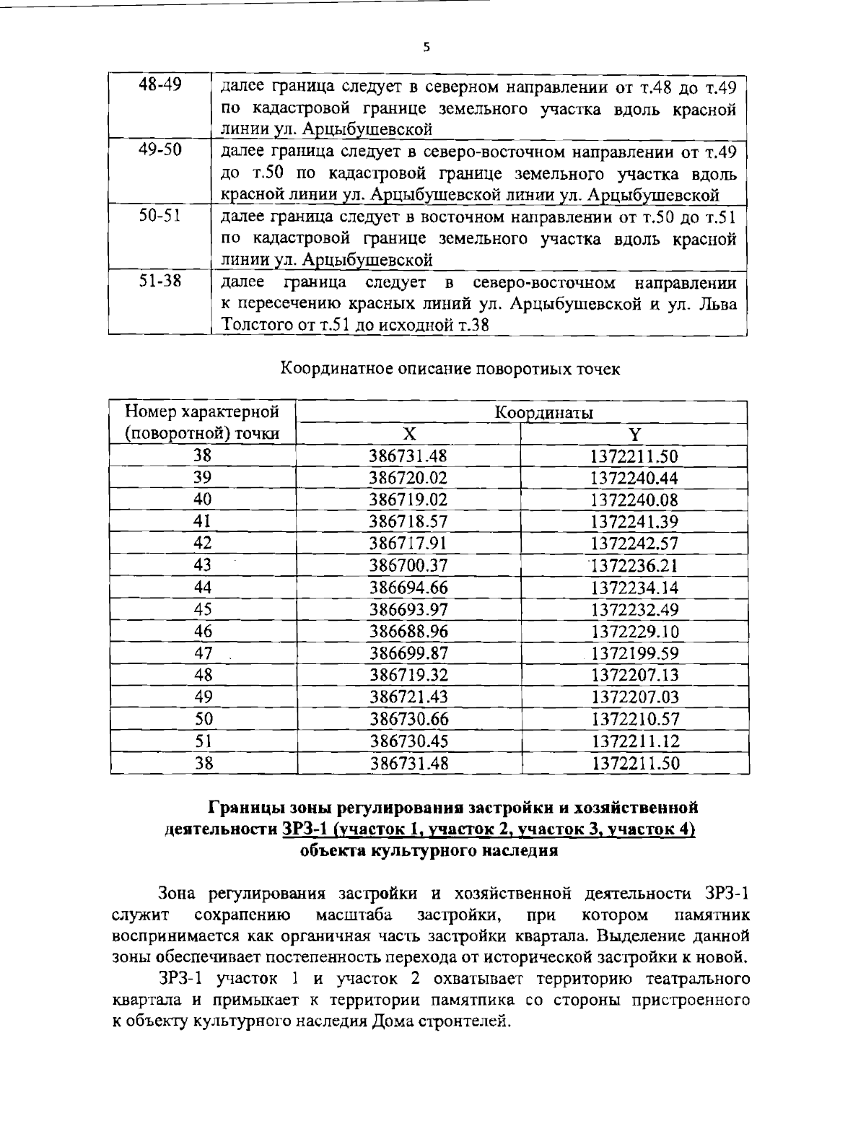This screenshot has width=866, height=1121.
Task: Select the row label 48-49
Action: pyautogui.click(x=159, y=85)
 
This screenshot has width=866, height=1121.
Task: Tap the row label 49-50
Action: pyautogui.click(x=159, y=150)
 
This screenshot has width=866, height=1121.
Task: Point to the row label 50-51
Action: pyautogui.click(x=159, y=215)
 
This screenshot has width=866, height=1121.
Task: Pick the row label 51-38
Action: pyautogui.click(x=159, y=280)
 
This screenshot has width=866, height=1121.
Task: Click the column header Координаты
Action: pyautogui.click(x=543, y=413)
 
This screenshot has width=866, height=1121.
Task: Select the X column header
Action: pyautogui.click(x=408, y=434)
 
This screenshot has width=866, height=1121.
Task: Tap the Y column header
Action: pyautogui.click(x=634, y=434)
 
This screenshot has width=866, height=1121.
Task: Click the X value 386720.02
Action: pyautogui.click(x=408, y=478)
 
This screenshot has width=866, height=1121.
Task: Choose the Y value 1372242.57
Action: pyautogui.click(x=634, y=544)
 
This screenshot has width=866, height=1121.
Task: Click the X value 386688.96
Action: pyautogui.click(x=408, y=632)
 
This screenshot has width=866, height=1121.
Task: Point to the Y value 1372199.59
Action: pyautogui.click(x=634, y=653)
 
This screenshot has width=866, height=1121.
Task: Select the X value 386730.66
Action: pyautogui.click(x=408, y=719)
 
